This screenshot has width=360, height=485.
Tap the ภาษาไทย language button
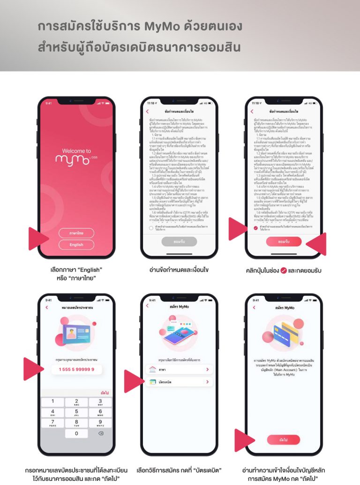tap(76, 233)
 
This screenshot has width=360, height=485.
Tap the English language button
tap(76, 245)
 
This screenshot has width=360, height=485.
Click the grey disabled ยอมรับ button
tap(179, 242)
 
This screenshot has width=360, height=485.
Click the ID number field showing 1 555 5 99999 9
tap(76, 370)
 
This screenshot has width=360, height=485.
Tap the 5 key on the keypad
tap(76, 413)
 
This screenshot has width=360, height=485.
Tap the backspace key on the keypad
tap(101, 434)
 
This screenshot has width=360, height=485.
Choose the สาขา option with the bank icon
tap(179, 370)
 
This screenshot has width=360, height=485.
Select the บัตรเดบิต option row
tap(179, 382)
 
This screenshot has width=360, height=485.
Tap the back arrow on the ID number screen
tap(46, 308)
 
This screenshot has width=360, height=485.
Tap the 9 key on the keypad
tap(101, 423)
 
